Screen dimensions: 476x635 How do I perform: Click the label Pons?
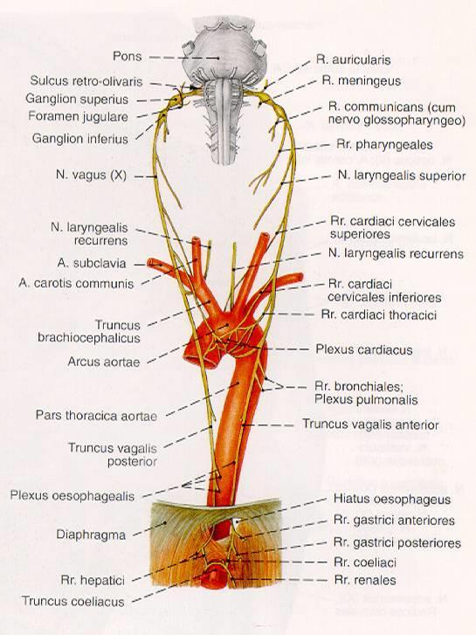pyautogui.click(x=128, y=56)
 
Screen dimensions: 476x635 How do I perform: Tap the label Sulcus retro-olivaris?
pyautogui.click(x=86, y=81)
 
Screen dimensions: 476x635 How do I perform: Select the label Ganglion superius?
pyautogui.click(x=77, y=100)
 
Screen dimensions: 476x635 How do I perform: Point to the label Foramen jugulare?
pyautogui.click(x=79, y=117)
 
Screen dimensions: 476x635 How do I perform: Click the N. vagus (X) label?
pyautogui.click(x=91, y=176)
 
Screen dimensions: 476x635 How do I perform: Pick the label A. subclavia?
pyautogui.click(x=92, y=263)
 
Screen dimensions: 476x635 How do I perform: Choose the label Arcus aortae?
pyautogui.click(x=104, y=362)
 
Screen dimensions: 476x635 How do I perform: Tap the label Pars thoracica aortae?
pyautogui.click(x=96, y=416)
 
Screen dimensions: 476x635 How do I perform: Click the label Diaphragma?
pyautogui.click(x=91, y=535)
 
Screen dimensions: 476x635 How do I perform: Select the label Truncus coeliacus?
pyautogui.click(x=72, y=602)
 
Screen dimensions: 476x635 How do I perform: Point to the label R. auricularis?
pyautogui.click(x=353, y=60)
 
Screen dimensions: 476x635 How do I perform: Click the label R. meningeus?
pyautogui.click(x=362, y=81)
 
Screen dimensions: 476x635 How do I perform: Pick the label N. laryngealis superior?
pyautogui.click(x=402, y=176)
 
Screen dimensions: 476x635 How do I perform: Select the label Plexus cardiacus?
pyautogui.click(x=364, y=349)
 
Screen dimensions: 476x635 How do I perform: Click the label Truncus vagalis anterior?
pyautogui.click(x=370, y=424)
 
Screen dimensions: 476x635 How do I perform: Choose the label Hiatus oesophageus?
pyautogui.click(x=392, y=499)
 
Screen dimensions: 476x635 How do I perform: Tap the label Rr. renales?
pyautogui.click(x=365, y=580)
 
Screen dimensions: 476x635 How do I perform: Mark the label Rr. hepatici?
pyautogui.click(x=93, y=580)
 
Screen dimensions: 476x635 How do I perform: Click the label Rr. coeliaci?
pyautogui.click(x=365, y=563)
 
